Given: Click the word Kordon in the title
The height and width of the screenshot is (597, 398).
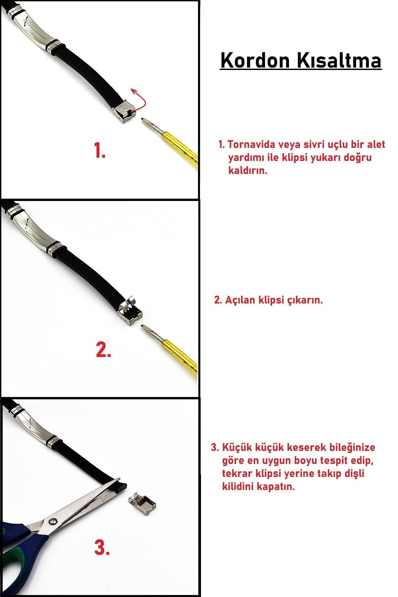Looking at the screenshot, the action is point(255,60).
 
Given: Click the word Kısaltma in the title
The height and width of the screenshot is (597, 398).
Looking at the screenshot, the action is point(338,60).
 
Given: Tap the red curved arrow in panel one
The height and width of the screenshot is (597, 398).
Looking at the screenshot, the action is point(139,99).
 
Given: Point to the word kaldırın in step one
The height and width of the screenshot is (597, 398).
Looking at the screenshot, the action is point(247,170).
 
